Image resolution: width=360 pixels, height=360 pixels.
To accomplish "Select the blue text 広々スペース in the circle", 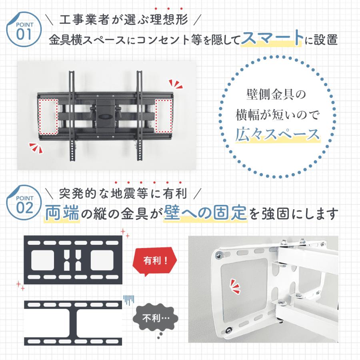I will [278, 134].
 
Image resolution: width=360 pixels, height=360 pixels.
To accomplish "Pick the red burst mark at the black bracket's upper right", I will [175, 84].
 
